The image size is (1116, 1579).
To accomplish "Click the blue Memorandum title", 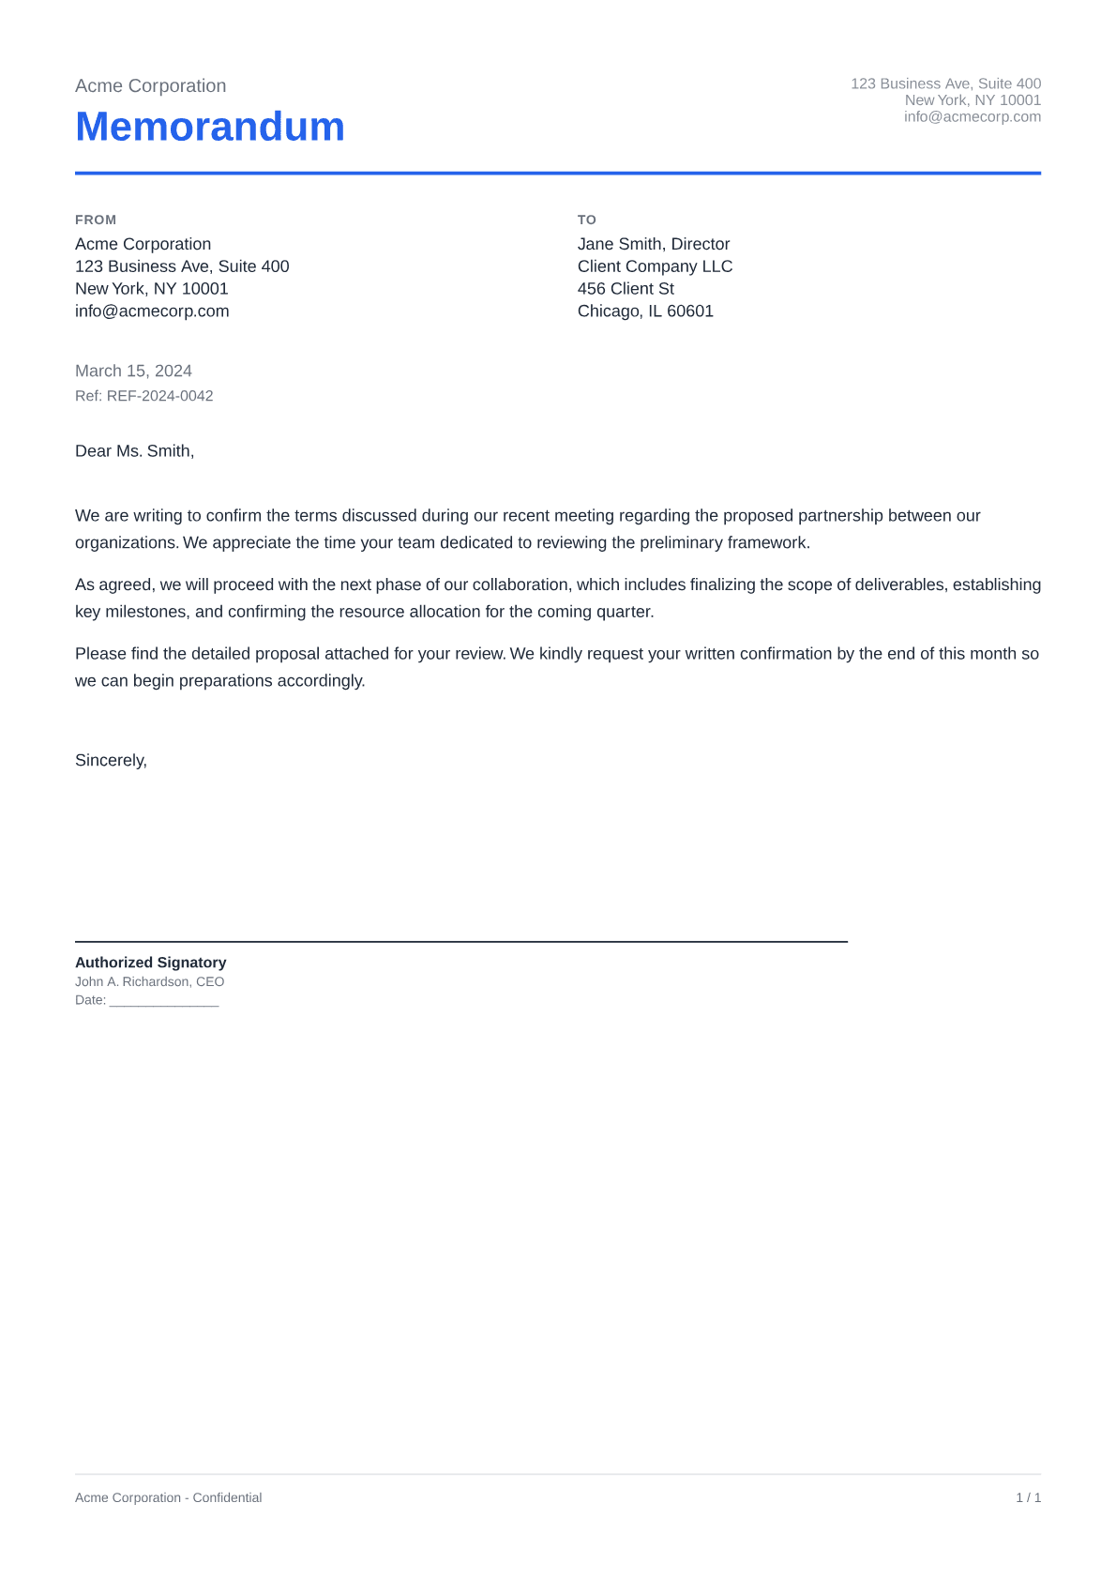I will click(x=210, y=127).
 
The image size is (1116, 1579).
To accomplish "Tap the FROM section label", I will click(x=96, y=220).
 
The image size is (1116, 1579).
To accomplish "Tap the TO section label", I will click(x=587, y=220).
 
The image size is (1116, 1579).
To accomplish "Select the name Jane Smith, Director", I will click(x=654, y=244).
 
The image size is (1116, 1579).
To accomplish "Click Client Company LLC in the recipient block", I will click(x=655, y=266).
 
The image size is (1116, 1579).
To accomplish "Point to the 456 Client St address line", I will click(x=626, y=289).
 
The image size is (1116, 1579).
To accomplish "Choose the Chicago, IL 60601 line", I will click(x=645, y=311).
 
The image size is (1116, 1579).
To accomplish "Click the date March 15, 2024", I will click(x=133, y=371).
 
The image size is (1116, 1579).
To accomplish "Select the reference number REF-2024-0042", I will click(x=159, y=396).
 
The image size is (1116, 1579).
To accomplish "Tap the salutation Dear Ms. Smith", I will click(x=134, y=451).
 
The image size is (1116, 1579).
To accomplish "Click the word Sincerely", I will click(x=111, y=760).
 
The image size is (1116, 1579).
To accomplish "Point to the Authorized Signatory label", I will click(x=150, y=963).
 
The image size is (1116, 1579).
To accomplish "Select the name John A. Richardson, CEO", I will click(x=149, y=982).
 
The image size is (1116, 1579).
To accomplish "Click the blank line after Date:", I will click(x=164, y=1001).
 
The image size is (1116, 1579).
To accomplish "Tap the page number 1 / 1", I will click(x=1028, y=1497).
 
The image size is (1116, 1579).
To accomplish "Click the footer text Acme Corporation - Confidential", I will click(x=168, y=1497).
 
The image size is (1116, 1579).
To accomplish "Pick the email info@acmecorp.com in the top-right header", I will click(x=973, y=117).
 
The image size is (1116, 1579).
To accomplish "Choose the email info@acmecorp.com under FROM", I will click(x=152, y=311).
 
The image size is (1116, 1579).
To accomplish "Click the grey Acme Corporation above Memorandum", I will click(x=150, y=85).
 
